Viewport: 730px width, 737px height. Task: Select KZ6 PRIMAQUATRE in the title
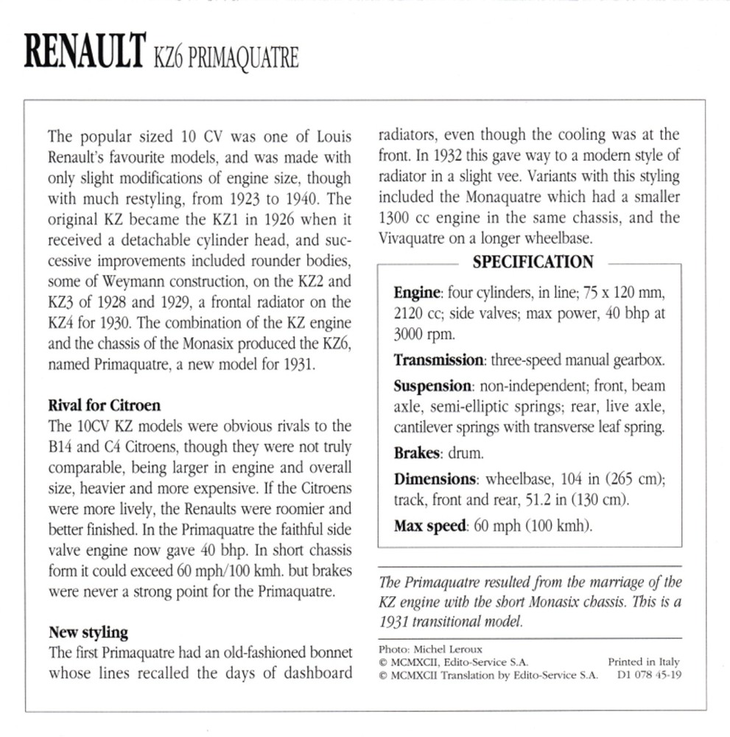click(225, 57)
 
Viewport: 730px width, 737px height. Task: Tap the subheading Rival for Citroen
click(104, 405)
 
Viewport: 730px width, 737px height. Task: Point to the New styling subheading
click(88, 632)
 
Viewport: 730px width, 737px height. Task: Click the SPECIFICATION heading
click(533, 262)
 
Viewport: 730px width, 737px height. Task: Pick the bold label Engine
click(417, 293)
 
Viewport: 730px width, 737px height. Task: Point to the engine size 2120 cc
click(419, 312)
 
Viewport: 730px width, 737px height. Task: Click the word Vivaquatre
click(413, 239)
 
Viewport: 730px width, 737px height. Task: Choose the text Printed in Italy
click(644, 662)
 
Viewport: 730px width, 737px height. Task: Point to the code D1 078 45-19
click(646, 674)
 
